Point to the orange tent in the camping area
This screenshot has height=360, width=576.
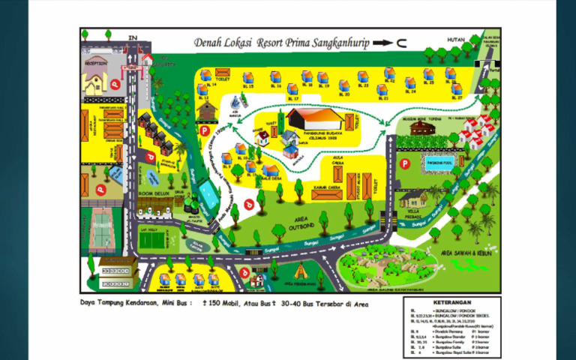pyautogui.click(x=302, y=270)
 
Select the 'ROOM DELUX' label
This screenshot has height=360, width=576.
pyautogui.click(x=154, y=193)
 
